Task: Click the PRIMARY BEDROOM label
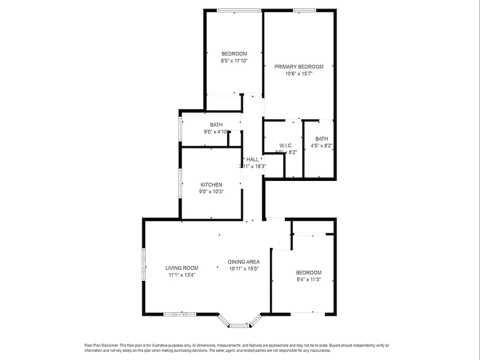[x=299, y=67]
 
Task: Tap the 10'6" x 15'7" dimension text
[x=299, y=74]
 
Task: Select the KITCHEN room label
[x=211, y=184]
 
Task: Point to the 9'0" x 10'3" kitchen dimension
[x=211, y=191]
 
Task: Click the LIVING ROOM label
[x=182, y=268]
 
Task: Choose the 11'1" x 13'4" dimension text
[x=182, y=274]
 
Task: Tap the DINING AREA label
[x=243, y=262]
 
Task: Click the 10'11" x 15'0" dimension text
[x=243, y=269]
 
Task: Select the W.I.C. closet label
[x=286, y=145]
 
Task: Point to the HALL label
[x=252, y=159]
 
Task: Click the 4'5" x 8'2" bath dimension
[x=321, y=146]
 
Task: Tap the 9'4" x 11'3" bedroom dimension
[x=308, y=279]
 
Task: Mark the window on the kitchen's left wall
[x=180, y=183]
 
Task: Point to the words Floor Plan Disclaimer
[x=101, y=345]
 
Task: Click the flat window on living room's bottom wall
[x=179, y=314]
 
